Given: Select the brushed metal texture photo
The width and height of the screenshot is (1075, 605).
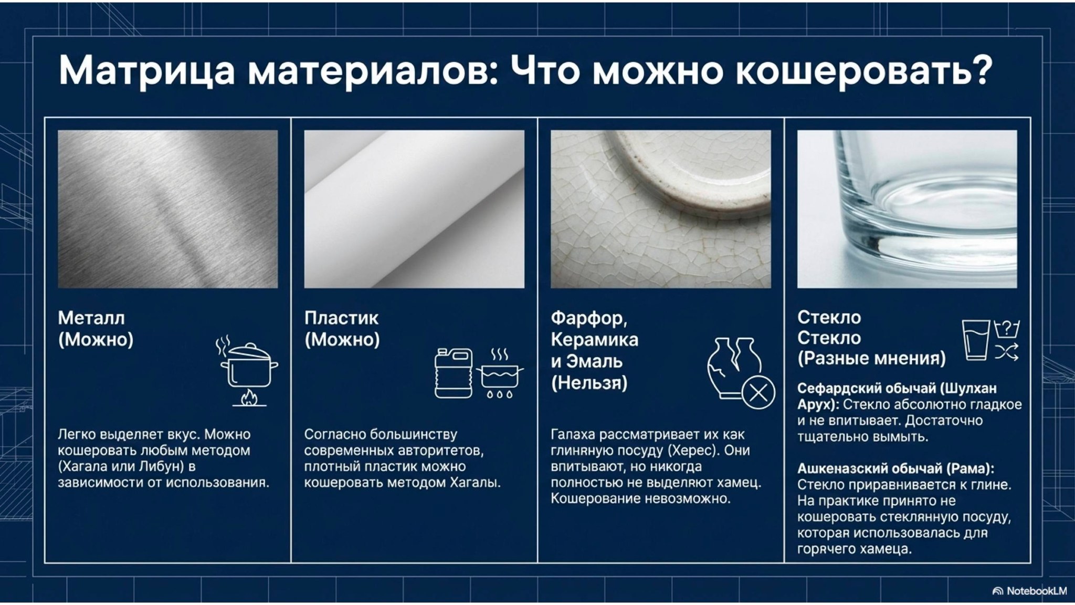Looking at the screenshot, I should point(167,209).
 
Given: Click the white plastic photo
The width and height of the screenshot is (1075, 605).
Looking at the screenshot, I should point(414,209).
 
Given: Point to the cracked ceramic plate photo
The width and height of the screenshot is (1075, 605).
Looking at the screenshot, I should point(660,209).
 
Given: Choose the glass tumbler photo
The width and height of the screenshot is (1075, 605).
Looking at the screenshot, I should point(907,209).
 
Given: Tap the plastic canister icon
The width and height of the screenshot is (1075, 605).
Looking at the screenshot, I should point(453,373).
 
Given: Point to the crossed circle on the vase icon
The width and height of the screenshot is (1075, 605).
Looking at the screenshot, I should point(757,392).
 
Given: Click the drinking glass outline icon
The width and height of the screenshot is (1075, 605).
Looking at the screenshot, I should point(975,340).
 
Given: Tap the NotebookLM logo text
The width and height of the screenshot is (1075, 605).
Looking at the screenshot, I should point(1036,591).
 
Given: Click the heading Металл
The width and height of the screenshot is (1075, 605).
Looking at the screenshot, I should point(91,318).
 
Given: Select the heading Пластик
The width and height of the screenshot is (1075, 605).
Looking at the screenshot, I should point(341,318).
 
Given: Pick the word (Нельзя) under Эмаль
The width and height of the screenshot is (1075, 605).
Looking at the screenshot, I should point(589,383).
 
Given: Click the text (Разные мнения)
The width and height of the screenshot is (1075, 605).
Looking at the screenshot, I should point(871,358).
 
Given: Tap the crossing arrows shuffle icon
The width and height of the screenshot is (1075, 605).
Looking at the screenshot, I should point(1007,352).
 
